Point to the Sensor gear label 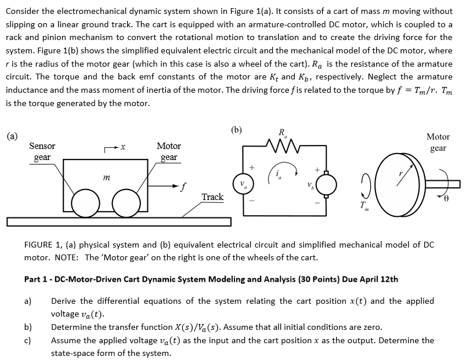(x=42, y=152)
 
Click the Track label (x=212, y=197)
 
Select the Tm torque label (x=364, y=207)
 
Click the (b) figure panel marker (x=237, y=129)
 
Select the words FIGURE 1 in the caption (x=42, y=245)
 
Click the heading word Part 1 (x=36, y=279)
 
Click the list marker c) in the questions (x=28, y=340)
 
